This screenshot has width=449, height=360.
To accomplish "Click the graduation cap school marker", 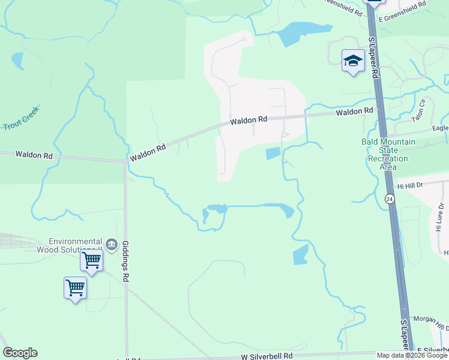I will click(353, 61).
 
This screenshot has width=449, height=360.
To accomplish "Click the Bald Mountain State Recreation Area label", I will click(385, 154).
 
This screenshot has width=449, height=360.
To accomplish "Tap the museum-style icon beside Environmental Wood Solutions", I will click(111, 245).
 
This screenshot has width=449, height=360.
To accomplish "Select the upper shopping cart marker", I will click(91, 260).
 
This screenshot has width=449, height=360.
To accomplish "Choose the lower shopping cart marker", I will click(75, 287).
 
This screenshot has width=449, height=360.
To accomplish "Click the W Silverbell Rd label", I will click(267, 356).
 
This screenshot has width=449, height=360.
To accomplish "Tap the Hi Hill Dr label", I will click(410, 186).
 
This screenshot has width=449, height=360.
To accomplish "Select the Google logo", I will click(20, 353).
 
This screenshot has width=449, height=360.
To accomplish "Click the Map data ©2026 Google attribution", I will click(412, 355).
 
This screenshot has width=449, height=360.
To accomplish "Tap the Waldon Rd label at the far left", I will click(34, 155).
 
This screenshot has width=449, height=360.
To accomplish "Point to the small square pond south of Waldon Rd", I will click(273, 154).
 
